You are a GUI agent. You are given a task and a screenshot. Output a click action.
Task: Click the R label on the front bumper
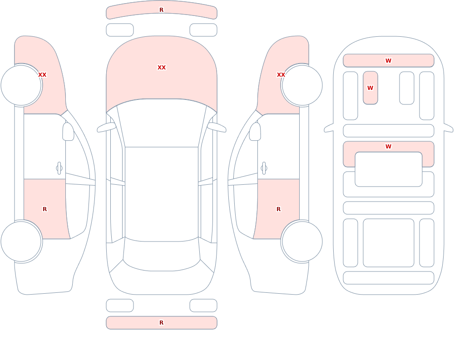[x=161, y=10]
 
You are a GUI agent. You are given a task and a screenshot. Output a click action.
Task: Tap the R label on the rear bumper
[x=161, y=323]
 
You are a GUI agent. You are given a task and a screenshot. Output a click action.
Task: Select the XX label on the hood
[x=162, y=68]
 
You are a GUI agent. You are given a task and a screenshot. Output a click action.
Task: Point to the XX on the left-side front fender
[x=42, y=75]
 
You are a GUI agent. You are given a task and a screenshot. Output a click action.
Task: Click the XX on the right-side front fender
[x=281, y=75]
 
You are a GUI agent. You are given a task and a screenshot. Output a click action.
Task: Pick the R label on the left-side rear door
[x=44, y=209]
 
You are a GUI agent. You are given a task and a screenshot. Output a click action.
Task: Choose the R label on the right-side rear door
[x=279, y=209]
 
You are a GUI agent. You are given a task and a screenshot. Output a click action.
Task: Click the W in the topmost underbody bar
[x=388, y=60]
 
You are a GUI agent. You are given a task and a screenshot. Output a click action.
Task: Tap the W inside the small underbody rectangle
[x=370, y=88]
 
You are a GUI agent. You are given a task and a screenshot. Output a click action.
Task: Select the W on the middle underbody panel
[x=388, y=146]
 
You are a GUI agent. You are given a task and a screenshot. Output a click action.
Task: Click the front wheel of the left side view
[x=21, y=85]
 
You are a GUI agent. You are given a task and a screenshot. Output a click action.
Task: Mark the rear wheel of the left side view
[x=21, y=241]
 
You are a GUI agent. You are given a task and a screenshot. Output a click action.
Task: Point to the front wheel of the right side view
[x=302, y=85]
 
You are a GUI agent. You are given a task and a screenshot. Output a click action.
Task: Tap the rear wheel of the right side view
[x=302, y=241]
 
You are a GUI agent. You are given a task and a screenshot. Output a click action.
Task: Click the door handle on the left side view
[x=59, y=168]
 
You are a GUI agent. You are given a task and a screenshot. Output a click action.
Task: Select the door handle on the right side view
[x=264, y=168]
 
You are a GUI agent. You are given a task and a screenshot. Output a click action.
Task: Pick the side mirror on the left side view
[x=68, y=132]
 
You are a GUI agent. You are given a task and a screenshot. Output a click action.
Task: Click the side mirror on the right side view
[x=255, y=132]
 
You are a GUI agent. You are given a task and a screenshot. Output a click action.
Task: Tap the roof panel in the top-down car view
[x=162, y=194]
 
